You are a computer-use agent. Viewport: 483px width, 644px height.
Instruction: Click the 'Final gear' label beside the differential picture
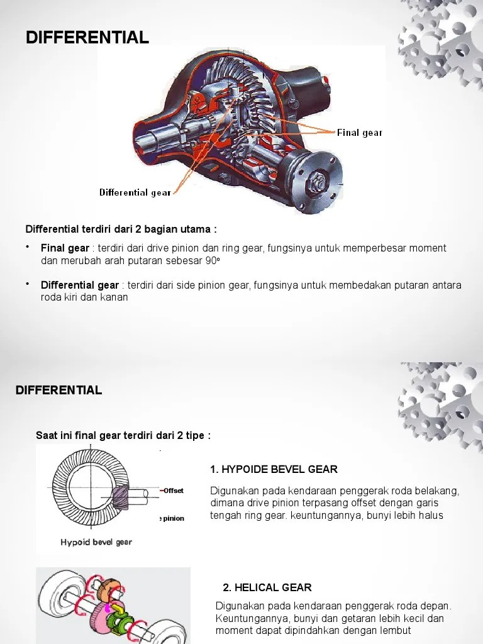(359, 133)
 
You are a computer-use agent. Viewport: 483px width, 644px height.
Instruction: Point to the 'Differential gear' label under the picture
(135, 192)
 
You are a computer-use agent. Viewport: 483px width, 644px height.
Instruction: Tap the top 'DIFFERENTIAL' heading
(87, 38)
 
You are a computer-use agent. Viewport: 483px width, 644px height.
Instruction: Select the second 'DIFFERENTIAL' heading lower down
(58, 390)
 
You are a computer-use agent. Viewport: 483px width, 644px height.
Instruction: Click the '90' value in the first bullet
(216, 260)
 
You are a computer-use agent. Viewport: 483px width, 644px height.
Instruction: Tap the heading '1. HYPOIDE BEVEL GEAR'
(274, 469)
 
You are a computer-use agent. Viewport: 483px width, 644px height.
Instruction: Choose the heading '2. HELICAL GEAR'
(267, 587)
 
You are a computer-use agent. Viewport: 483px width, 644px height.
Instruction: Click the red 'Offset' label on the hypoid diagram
(173, 491)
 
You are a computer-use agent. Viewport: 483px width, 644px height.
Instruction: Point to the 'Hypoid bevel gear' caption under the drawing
(96, 542)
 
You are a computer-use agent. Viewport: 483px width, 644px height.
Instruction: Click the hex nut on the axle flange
(317, 181)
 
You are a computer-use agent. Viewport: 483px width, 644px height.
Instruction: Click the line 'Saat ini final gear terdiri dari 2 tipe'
(123, 435)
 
